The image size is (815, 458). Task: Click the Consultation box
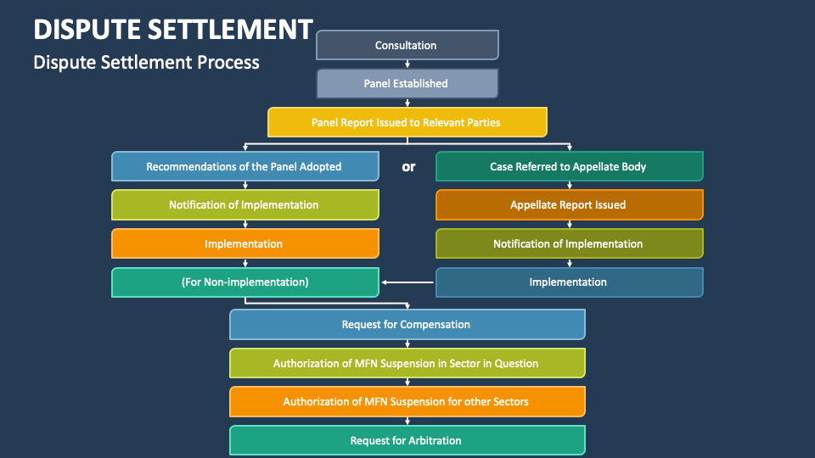click(407, 45)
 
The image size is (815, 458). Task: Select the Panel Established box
click(407, 84)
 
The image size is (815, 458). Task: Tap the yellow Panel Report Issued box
click(407, 122)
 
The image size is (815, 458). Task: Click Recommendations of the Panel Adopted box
click(244, 166)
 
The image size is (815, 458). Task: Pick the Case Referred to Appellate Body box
click(569, 166)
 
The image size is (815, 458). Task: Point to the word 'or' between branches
click(408, 166)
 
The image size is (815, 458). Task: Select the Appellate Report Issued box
click(569, 204)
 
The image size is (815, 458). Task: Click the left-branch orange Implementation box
click(244, 243)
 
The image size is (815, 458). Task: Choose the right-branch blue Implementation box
click(569, 282)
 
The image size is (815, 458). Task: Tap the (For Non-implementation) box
click(244, 282)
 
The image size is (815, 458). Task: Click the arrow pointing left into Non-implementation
click(407, 282)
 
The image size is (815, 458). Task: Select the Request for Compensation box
click(407, 324)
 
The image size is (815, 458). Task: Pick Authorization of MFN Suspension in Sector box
click(407, 363)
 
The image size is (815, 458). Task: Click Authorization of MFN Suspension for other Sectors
click(407, 401)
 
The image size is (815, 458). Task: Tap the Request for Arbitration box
click(407, 440)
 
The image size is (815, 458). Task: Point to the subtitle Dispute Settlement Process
click(146, 62)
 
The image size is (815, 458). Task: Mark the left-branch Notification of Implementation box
click(244, 204)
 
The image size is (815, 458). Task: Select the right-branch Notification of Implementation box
click(569, 243)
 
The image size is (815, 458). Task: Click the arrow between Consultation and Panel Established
click(407, 64)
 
